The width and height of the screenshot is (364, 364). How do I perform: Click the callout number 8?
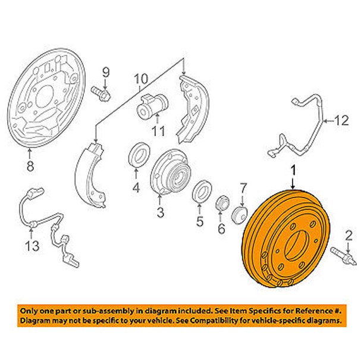click(x=30, y=166)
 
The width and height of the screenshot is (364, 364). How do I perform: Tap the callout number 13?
click(x=32, y=246)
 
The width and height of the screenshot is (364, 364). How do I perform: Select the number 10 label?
click(x=141, y=79)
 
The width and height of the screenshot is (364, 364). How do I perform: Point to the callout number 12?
click(x=341, y=121)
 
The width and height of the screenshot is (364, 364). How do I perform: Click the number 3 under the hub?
click(x=160, y=212)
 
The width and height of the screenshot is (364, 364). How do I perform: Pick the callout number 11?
click(x=158, y=131)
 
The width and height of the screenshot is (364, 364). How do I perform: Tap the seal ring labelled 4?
click(x=139, y=154)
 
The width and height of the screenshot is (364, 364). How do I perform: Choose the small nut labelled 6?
click(x=222, y=203)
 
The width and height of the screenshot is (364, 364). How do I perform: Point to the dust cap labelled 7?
click(x=240, y=215)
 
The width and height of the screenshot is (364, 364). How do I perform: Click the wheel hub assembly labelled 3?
click(x=171, y=172)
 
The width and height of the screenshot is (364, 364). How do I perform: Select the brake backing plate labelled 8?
click(x=46, y=98)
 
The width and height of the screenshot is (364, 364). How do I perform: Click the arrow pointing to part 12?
click(x=329, y=121)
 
